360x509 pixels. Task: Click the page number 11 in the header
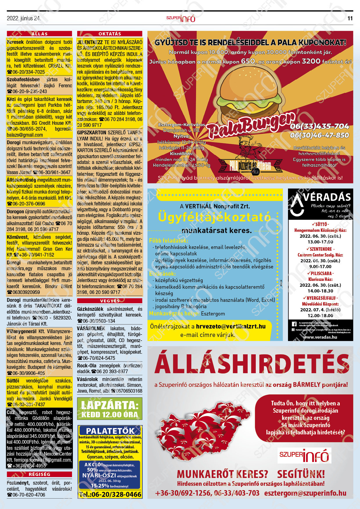click(350, 18)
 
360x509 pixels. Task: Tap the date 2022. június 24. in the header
click(24, 18)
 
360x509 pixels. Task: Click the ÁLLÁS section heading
click(39, 34)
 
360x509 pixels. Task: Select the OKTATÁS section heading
click(110, 34)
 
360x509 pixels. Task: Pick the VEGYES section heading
click(110, 301)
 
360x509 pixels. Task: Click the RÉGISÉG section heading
click(39, 474)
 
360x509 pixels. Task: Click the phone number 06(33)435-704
click(319, 126)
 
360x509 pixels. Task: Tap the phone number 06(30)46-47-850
click(319, 135)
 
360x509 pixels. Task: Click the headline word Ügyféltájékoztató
click(214, 217)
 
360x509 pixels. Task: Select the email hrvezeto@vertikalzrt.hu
click(231, 326)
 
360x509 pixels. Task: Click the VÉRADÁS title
click(327, 197)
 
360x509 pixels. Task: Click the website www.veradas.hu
click(320, 337)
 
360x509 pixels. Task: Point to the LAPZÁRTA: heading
click(110, 405)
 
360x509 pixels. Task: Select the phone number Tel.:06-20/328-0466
click(110, 494)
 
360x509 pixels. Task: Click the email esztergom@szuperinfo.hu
click(305, 493)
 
